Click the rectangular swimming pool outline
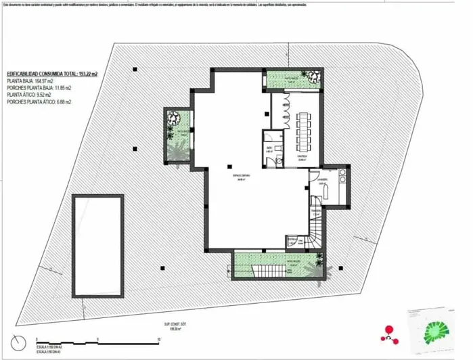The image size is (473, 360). tap(98, 245)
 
